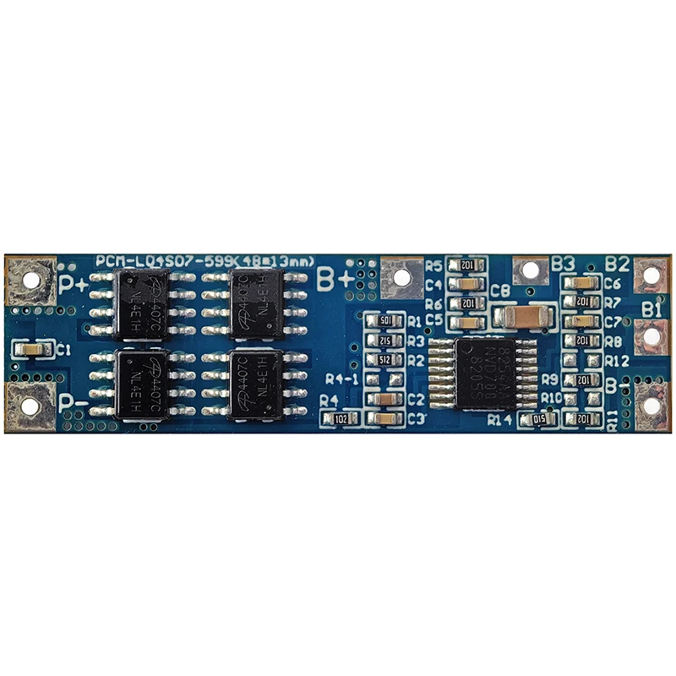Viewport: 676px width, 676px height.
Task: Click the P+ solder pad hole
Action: [31, 278]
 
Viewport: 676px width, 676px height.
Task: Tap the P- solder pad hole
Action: [30, 406]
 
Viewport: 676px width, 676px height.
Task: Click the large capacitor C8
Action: [524, 317]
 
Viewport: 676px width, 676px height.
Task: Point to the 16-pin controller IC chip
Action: [490, 373]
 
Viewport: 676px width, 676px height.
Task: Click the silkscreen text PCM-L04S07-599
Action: [160, 260]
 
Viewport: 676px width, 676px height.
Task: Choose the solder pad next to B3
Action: [530, 270]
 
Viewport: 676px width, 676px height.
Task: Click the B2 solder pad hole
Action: [651, 274]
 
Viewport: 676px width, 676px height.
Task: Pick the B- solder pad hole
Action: [651, 406]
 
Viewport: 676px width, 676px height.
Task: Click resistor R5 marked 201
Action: [466, 265]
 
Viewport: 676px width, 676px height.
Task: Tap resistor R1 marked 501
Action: [385, 321]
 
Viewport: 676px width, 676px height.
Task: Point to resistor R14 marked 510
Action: [537, 419]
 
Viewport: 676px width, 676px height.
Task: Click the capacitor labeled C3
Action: [385, 418]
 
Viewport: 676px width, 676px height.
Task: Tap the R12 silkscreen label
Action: [618, 361]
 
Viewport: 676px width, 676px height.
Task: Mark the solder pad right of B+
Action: [401, 276]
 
